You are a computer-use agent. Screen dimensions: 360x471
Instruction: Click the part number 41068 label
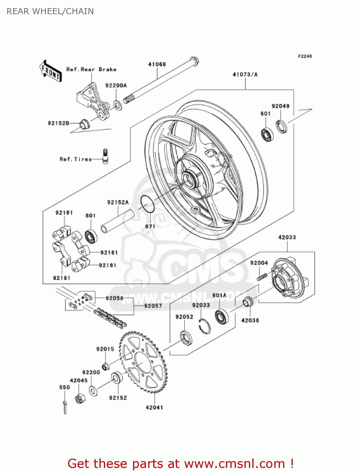coord(157,64)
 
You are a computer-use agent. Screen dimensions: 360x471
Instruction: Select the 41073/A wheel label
coord(245,74)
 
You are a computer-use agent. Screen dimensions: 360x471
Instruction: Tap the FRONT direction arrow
coord(51,71)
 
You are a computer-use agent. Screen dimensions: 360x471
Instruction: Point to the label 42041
coord(154,408)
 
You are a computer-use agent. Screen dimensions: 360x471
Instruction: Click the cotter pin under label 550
coord(65,407)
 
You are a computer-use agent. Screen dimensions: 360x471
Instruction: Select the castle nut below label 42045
coord(80,399)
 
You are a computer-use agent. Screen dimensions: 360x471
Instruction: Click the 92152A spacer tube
coord(117,222)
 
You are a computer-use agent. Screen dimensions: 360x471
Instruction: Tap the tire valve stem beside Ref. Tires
coord(105,156)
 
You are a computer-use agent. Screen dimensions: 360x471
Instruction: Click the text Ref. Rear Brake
coord(91,69)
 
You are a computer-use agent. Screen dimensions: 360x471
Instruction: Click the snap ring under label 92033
coord(205,326)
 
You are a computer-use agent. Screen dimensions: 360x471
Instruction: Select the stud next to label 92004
coord(262,277)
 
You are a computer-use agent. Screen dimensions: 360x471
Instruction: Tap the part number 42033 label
coord(287,237)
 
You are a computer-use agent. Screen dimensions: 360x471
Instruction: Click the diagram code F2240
coord(305,56)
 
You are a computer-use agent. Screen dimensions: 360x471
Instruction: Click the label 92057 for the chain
coord(153,306)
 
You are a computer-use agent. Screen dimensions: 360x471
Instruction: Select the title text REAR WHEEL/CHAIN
coord(50,11)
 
